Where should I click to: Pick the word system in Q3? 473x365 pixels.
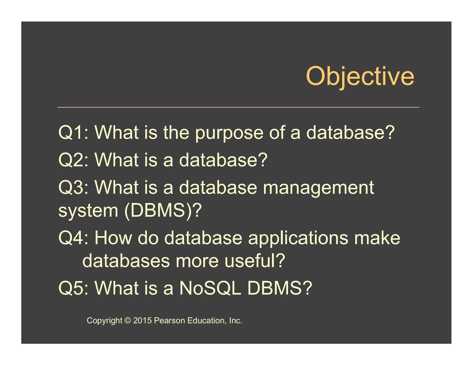click(x=88, y=211)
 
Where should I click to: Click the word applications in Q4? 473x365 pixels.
click(x=298, y=239)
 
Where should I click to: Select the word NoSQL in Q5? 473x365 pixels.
click(x=210, y=288)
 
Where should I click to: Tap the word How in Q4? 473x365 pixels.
click(x=113, y=238)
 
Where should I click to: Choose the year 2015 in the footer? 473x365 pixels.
click(x=142, y=320)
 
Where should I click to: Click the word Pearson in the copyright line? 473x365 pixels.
click(x=169, y=320)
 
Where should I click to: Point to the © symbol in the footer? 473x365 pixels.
click(x=127, y=320)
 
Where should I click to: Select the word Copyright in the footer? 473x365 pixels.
click(x=104, y=321)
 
